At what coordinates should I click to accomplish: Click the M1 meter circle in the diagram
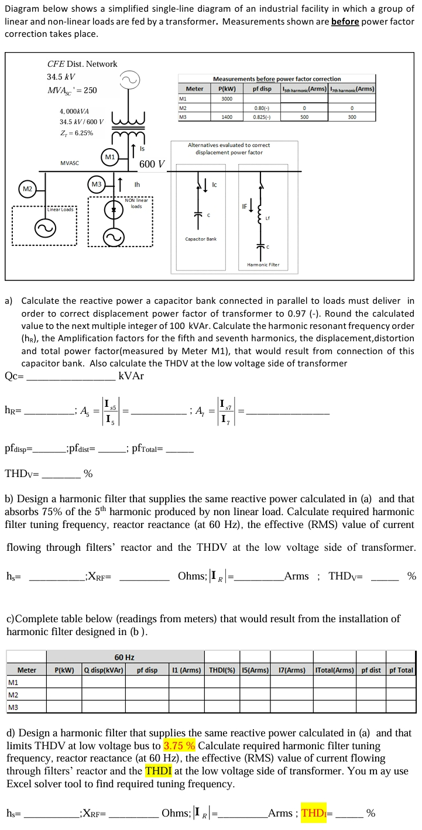[x=110, y=157]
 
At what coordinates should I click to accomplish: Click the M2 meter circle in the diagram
[x=27, y=189]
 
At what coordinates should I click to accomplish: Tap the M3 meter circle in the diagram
[x=97, y=184]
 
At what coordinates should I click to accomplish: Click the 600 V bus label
[x=152, y=164]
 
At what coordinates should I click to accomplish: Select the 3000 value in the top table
[x=227, y=98]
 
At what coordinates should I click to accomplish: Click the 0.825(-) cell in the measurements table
[x=262, y=117]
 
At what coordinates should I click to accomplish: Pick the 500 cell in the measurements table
[x=304, y=117]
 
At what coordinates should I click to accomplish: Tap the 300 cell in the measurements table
[x=351, y=117]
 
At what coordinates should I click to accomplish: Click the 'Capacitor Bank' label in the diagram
[x=201, y=239]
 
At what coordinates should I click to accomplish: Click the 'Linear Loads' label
[x=60, y=209]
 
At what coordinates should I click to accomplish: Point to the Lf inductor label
[x=268, y=218]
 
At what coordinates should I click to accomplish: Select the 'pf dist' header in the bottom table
[x=371, y=670]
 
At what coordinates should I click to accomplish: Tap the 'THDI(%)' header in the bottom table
[x=222, y=670]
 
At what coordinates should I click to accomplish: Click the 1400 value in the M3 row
[x=227, y=117]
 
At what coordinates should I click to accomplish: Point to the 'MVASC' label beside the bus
[x=70, y=162]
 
